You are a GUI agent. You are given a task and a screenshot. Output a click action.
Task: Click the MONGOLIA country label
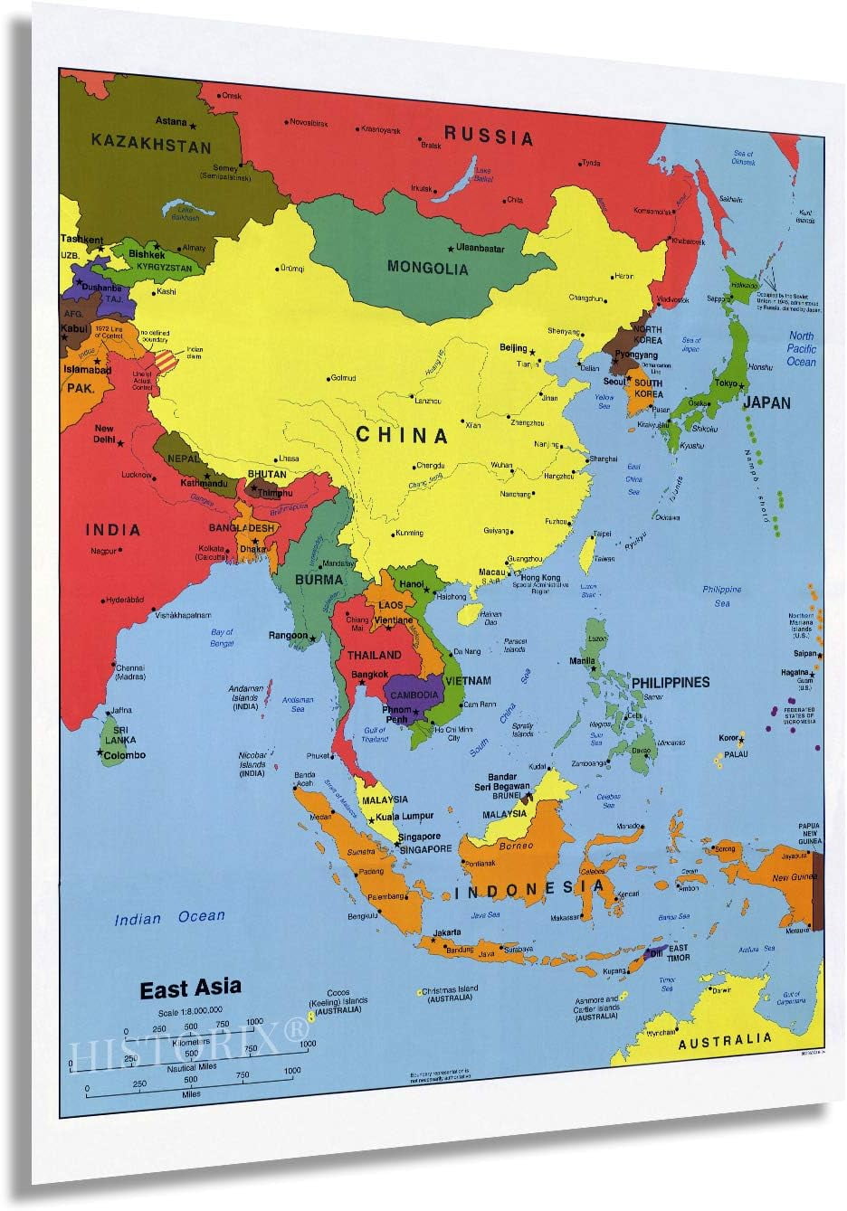pyautogui.click(x=427, y=268)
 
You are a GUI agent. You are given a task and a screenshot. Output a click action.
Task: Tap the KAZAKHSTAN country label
pyautogui.click(x=151, y=145)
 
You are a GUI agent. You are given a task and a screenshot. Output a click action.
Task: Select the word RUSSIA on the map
pyautogui.click(x=489, y=137)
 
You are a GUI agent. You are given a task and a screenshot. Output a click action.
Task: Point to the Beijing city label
pyautogui.click(x=513, y=348)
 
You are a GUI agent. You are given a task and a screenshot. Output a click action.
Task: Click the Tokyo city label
pyautogui.click(x=727, y=383)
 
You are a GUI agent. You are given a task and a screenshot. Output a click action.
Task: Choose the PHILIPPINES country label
pyautogui.click(x=671, y=682)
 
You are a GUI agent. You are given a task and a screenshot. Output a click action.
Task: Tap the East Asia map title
pyautogui.click(x=190, y=989)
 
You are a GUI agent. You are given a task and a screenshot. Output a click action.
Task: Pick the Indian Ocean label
pyautogui.click(x=169, y=918)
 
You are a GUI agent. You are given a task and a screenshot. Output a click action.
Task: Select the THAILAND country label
pyautogui.click(x=374, y=655)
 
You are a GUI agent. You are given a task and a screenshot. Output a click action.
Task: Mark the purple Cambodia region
pyautogui.click(x=414, y=695)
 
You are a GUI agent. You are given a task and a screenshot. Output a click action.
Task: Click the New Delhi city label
pyautogui.click(x=104, y=434)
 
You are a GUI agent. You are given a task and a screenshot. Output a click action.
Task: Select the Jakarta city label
pyautogui.click(x=447, y=932)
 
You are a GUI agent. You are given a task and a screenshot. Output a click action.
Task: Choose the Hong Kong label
pyautogui.click(x=540, y=578)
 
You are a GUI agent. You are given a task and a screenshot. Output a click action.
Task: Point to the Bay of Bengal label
pyautogui.click(x=222, y=638)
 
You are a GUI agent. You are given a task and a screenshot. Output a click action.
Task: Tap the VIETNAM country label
pyautogui.click(x=468, y=680)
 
